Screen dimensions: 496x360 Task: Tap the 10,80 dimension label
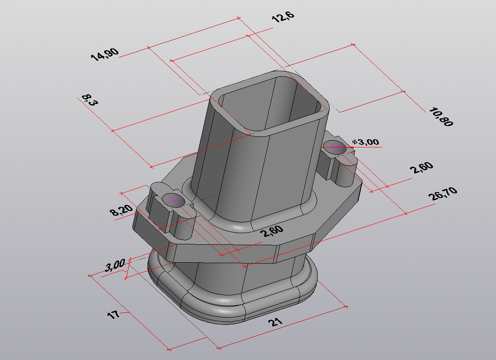point(441,117)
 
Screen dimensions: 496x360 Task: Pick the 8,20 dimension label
point(121,210)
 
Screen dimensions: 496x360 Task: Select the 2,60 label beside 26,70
point(422,167)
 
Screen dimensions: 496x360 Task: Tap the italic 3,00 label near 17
point(115,265)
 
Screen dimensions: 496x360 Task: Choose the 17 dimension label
point(114,315)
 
